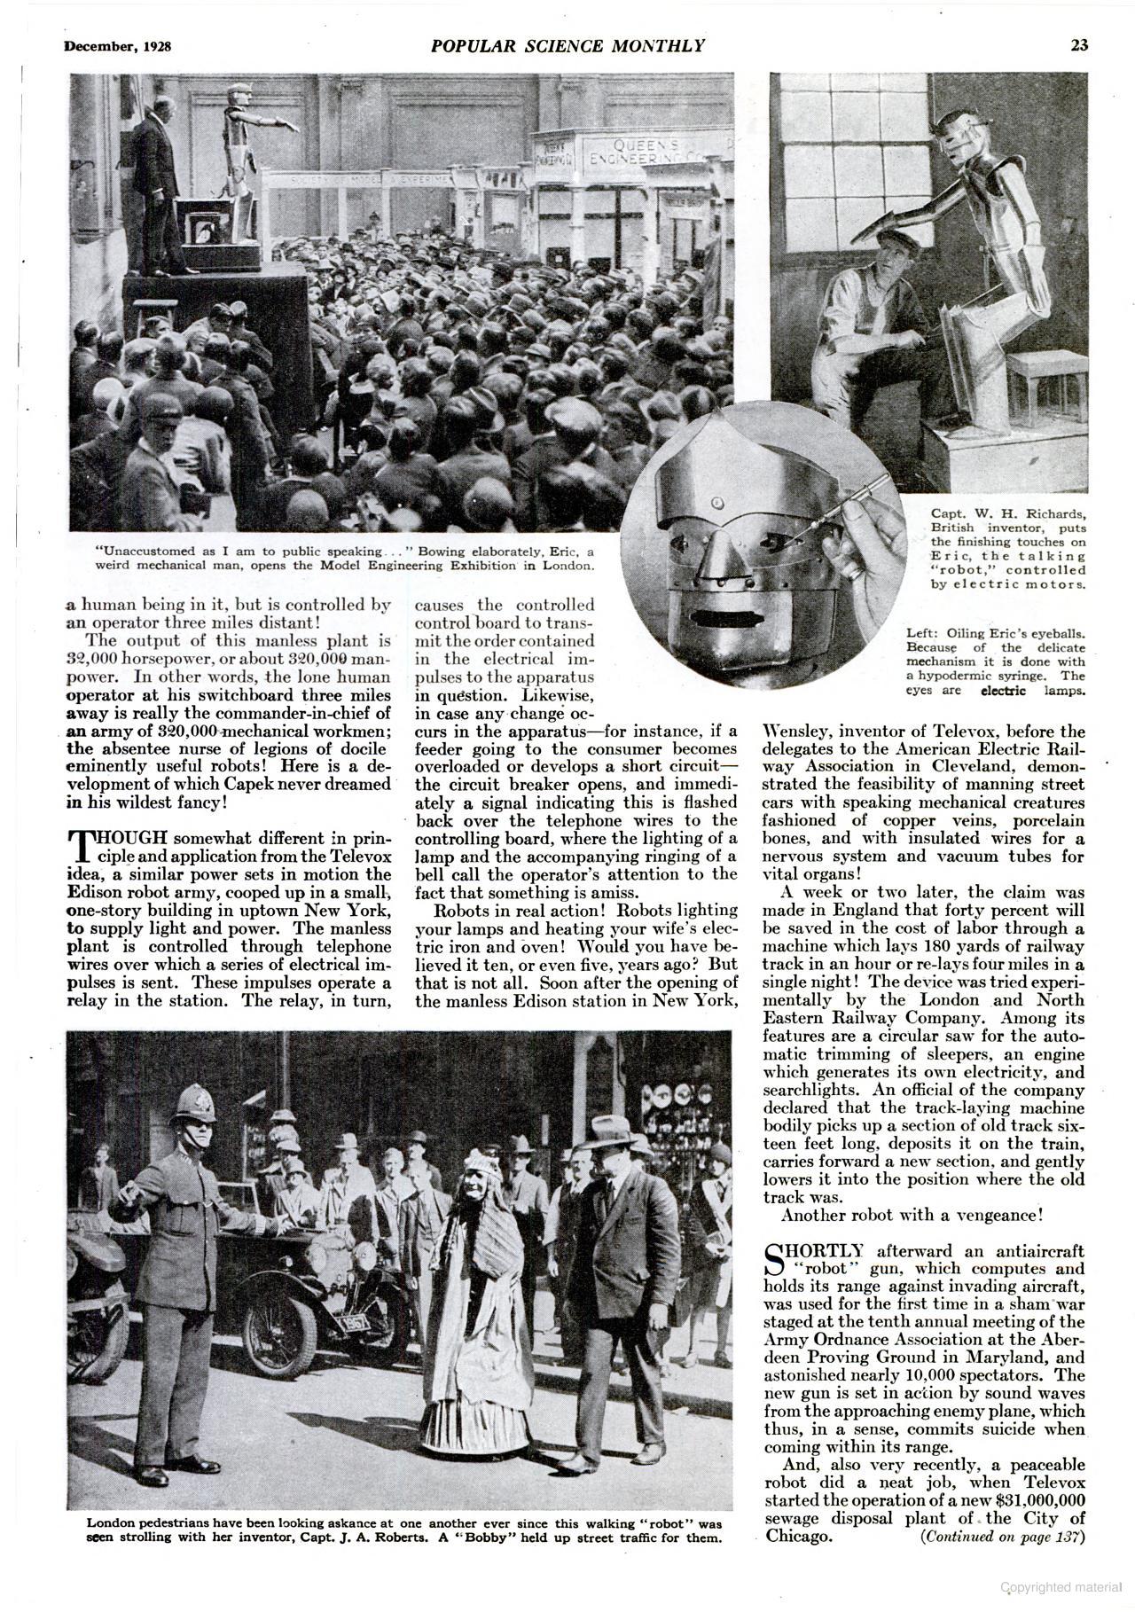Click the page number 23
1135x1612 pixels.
(1078, 46)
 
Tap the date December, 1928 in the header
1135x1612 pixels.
(117, 47)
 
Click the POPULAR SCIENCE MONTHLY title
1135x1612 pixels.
(568, 46)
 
